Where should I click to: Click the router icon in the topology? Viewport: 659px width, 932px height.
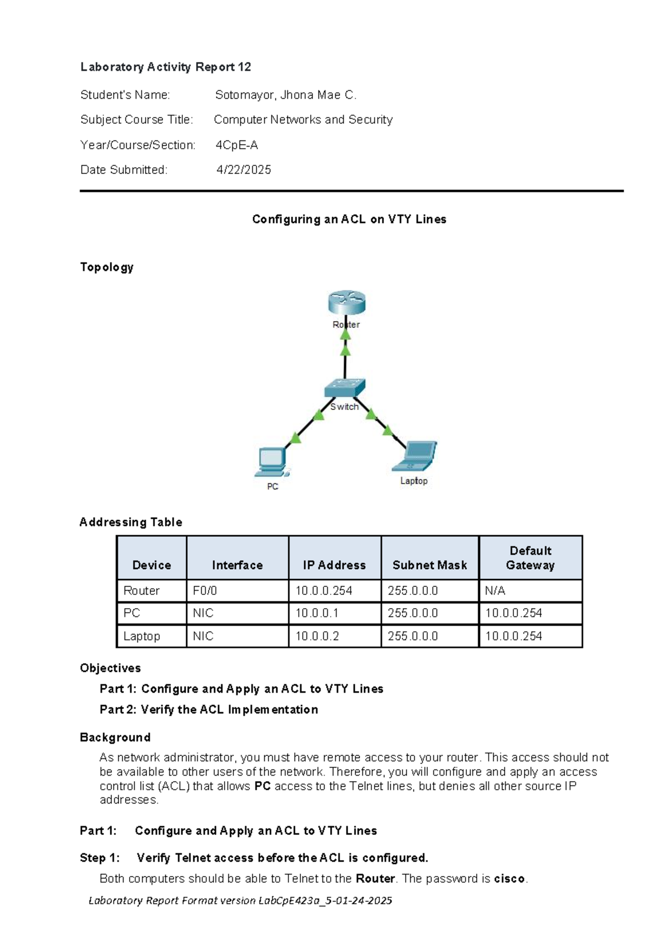(x=347, y=304)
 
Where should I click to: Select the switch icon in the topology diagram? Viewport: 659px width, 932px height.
(x=344, y=388)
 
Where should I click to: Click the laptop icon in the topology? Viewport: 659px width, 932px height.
(x=415, y=457)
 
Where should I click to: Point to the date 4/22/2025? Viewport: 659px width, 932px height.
(x=243, y=170)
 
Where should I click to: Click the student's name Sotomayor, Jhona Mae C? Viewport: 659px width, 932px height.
(x=286, y=95)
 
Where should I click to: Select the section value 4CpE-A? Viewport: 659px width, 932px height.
(x=237, y=145)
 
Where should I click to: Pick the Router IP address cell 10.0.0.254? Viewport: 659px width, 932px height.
(x=324, y=591)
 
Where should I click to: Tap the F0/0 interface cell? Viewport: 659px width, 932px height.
(x=205, y=591)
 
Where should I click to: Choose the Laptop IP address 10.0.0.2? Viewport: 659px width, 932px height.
(x=317, y=637)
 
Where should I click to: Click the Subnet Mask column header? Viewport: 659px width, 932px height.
(x=429, y=565)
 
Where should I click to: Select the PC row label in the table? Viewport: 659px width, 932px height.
(x=132, y=613)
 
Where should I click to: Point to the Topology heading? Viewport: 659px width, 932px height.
(x=107, y=267)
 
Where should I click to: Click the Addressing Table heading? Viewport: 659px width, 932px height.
(x=131, y=522)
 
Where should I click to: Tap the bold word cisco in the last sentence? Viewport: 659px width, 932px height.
(x=509, y=879)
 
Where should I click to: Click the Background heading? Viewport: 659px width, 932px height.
(x=115, y=737)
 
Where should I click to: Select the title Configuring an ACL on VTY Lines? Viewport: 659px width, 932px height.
(x=349, y=220)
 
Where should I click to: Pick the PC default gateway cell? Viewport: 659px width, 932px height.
(x=513, y=613)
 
